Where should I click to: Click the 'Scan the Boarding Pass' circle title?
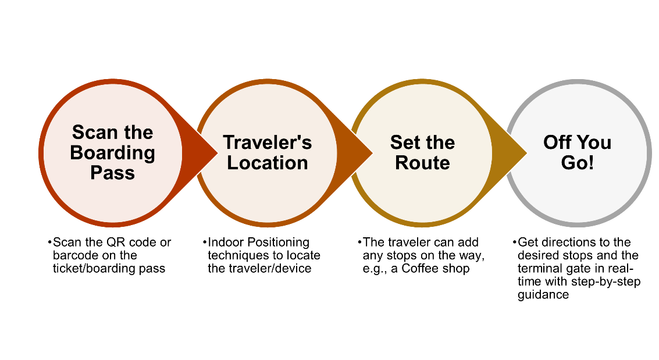113,152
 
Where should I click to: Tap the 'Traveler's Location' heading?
268,152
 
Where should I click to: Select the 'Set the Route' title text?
422,152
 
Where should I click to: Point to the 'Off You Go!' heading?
577,152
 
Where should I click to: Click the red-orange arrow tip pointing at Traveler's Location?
217,153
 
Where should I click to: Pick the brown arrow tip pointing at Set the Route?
372,153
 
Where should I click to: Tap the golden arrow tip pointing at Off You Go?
526,153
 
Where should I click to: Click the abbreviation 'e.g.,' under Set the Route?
375,269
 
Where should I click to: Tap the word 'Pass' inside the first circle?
113,173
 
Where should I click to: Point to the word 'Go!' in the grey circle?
578,163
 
